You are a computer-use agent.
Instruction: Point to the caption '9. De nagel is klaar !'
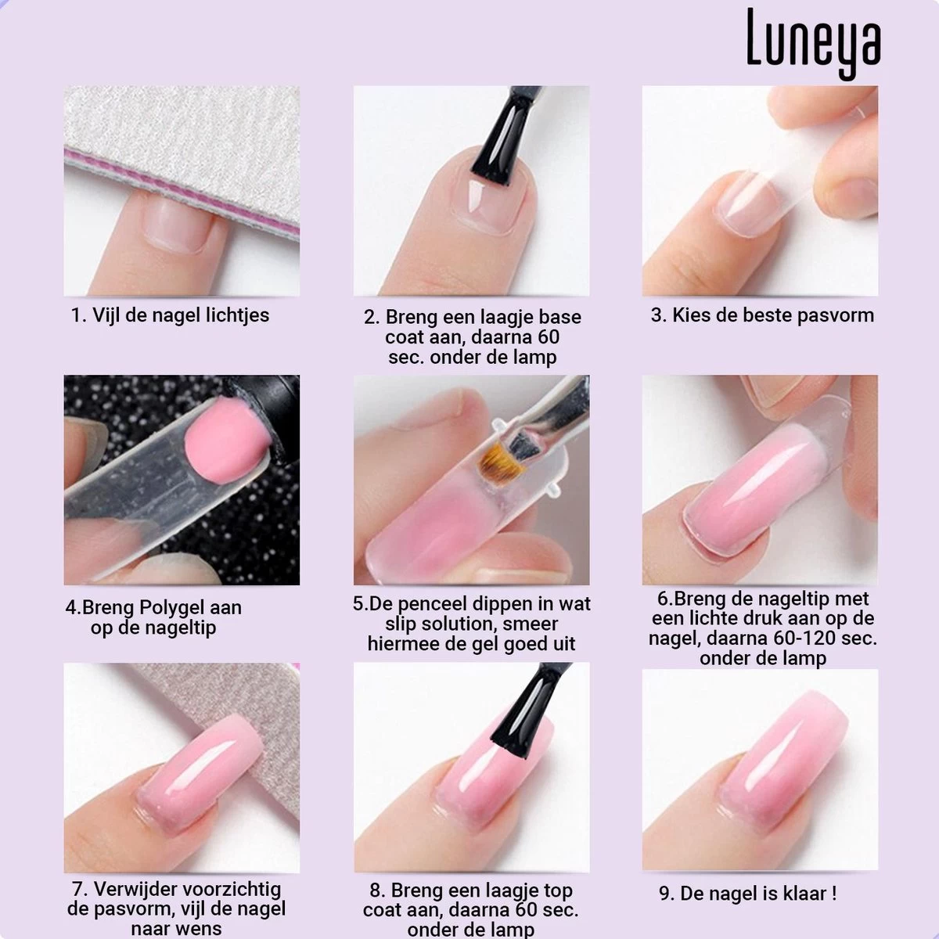click(747, 893)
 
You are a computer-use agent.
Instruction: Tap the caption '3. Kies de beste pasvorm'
click(762, 315)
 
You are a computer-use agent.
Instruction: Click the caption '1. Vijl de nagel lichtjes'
click(170, 315)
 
